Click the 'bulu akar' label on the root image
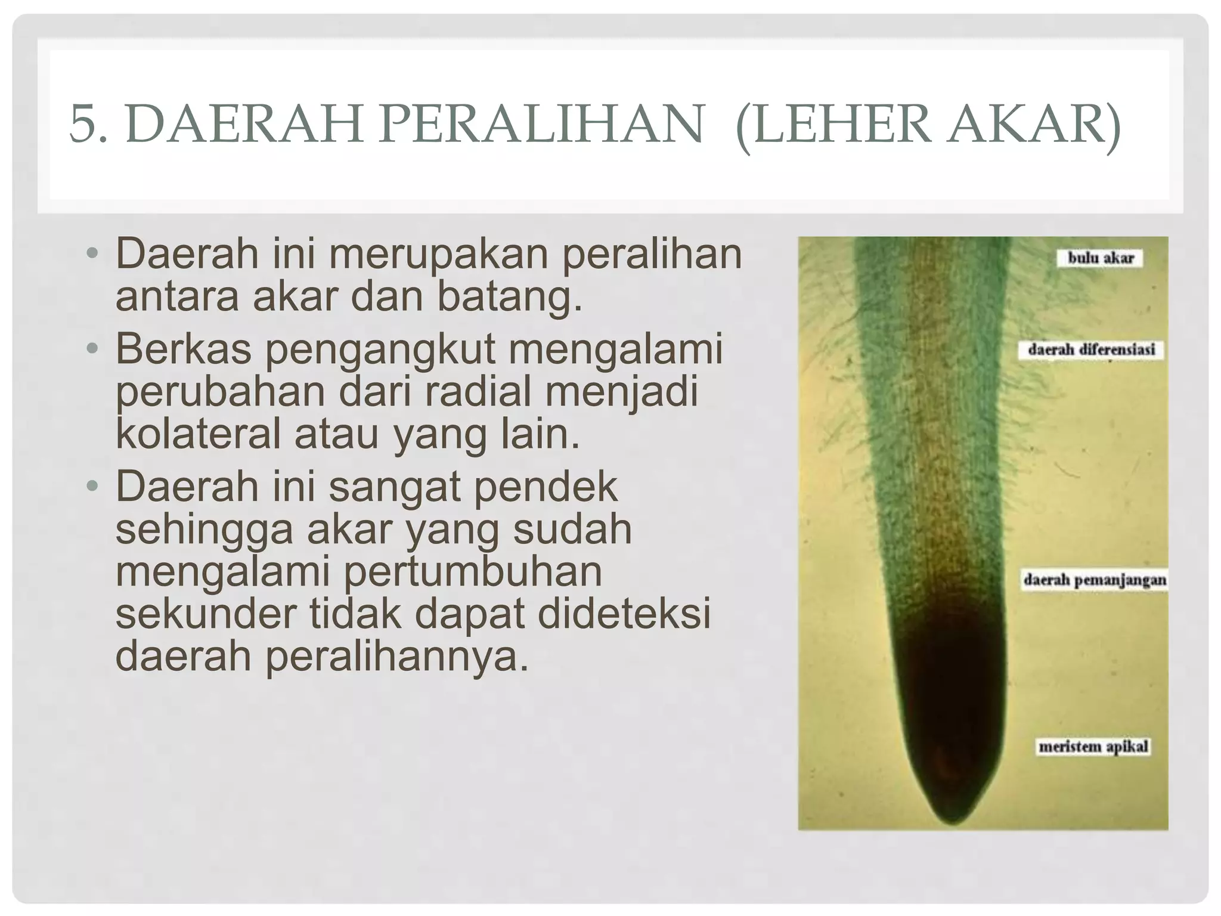1101,258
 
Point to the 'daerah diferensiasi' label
1091,349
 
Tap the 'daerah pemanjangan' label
1095,580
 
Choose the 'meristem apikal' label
1093,747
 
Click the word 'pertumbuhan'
473,571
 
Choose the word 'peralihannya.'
322,655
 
